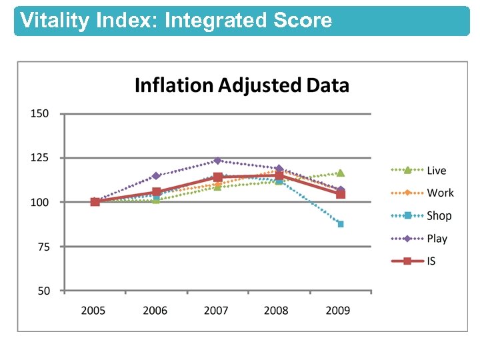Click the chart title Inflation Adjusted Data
tap(241, 85)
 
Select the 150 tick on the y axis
tap(39, 113)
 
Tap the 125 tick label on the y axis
tap(39, 158)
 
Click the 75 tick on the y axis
tap(42, 247)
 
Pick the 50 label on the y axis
tap(42, 291)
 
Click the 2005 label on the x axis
tap(93, 311)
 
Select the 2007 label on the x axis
tap(216, 311)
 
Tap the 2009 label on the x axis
tap(339, 311)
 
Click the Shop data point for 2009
tap(341, 224)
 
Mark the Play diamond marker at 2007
tap(217, 161)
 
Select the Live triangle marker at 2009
tap(341, 173)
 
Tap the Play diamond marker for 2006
tap(156, 176)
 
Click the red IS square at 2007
tap(217, 177)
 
